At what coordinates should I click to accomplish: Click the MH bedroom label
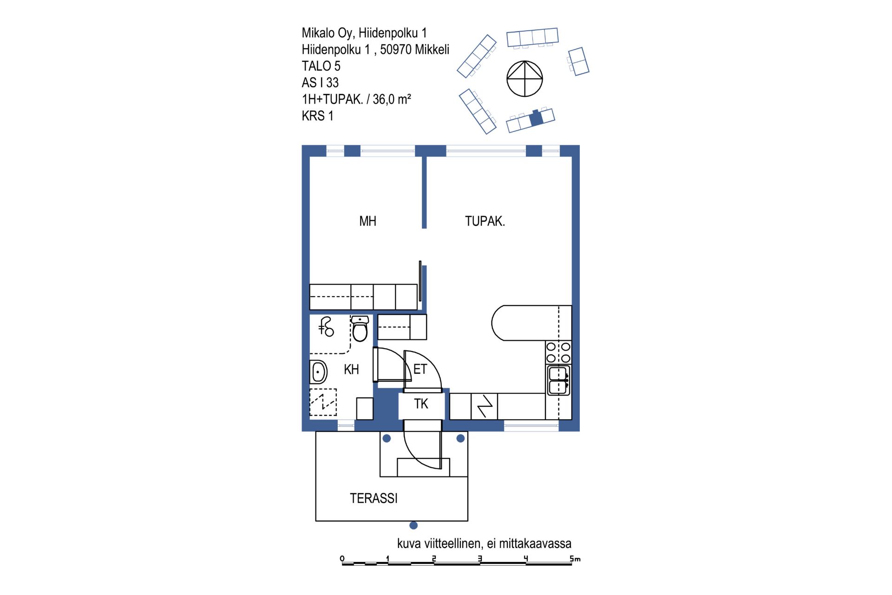click(x=367, y=221)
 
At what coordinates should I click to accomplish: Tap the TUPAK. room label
click(x=485, y=221)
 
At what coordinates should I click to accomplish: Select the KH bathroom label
click(x=351, y=370)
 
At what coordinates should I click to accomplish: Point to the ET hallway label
click(x=420, y=370)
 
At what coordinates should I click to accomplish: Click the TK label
click(x=421, y=404)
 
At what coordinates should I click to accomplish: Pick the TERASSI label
click(x=374, y=498)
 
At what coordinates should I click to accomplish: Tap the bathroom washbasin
click(x=318, y=372)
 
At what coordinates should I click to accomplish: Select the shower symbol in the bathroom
click(x=326, y=326)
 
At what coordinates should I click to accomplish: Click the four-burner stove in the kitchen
click(x=558, y=352)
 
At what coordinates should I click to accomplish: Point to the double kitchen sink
click(x=558, y=380)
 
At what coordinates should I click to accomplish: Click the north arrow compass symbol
click(x=525, y=79)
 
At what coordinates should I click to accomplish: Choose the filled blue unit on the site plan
click(x=536, y=118)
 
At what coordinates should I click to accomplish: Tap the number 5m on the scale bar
click(x=575, y=559)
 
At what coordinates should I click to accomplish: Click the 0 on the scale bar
click(x=342, y=559)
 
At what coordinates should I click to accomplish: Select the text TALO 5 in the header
click(x=321, y=66)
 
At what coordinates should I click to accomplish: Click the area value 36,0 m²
click(x=392, y=99)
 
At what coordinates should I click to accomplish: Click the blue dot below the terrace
click(x=413, y=526)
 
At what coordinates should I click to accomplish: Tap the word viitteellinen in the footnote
click(x=453, y=543)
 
